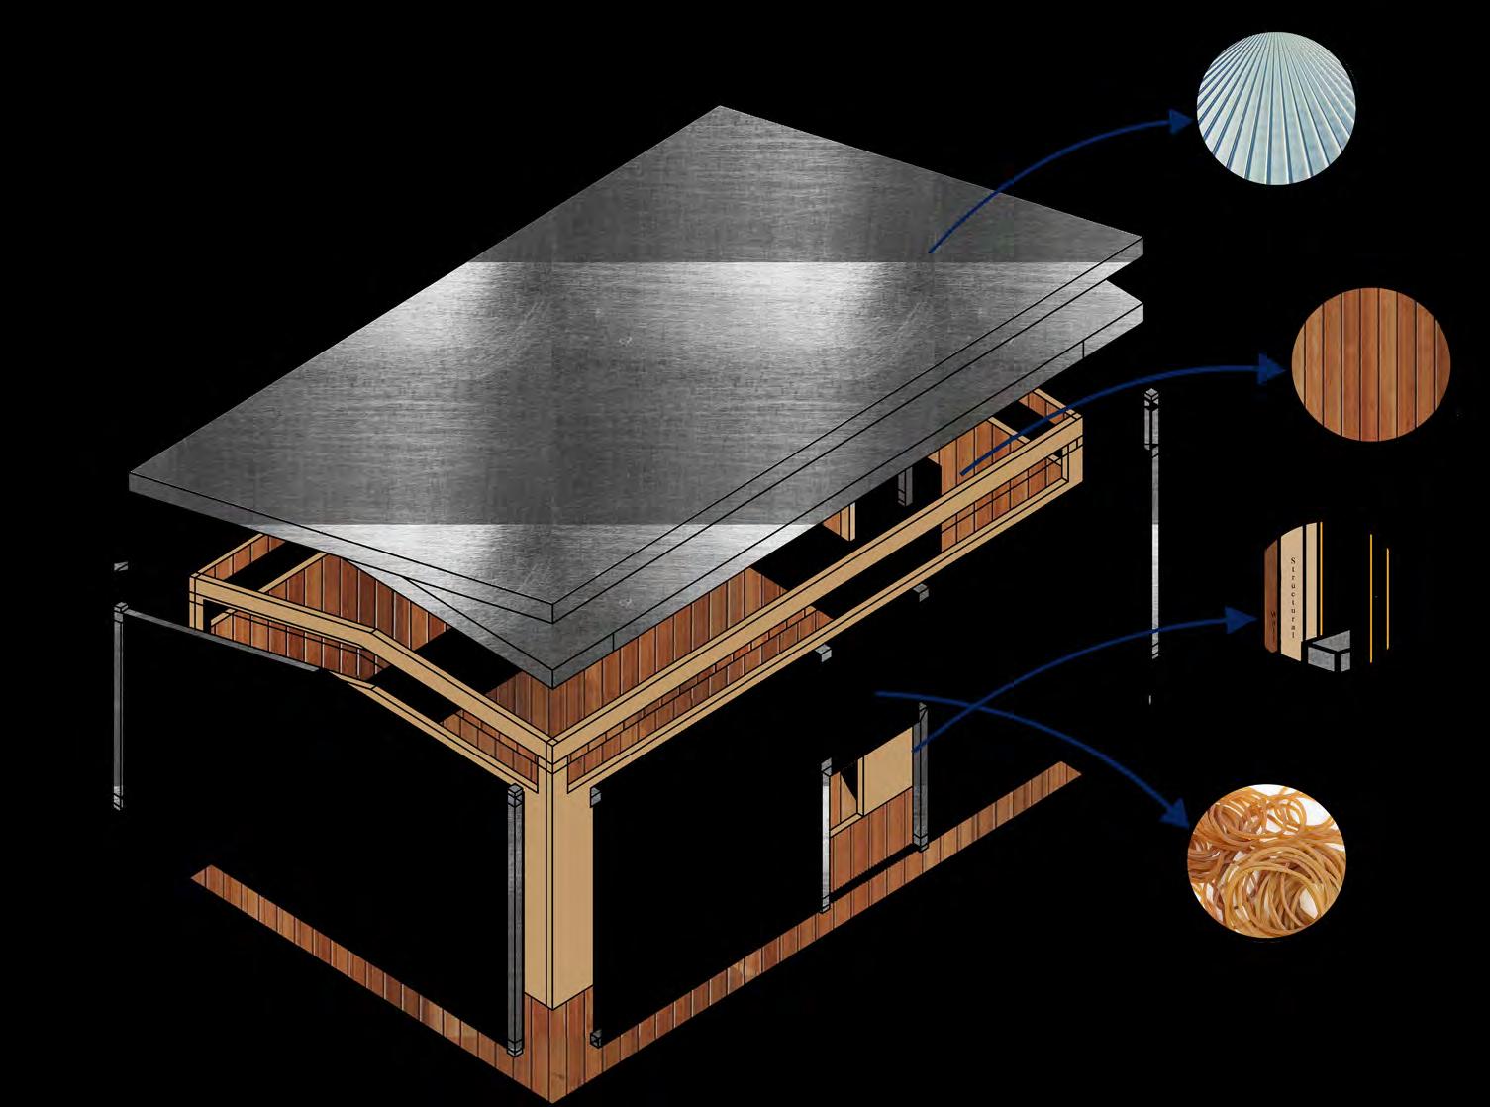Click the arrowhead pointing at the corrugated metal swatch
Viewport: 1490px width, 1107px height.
pyautogui.click(x=1180, y=123)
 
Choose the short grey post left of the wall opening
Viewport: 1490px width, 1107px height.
pyautogui.click(x=826, y=832)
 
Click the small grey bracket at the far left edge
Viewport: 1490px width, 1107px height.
pyautogui.click(x=121, y=568)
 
